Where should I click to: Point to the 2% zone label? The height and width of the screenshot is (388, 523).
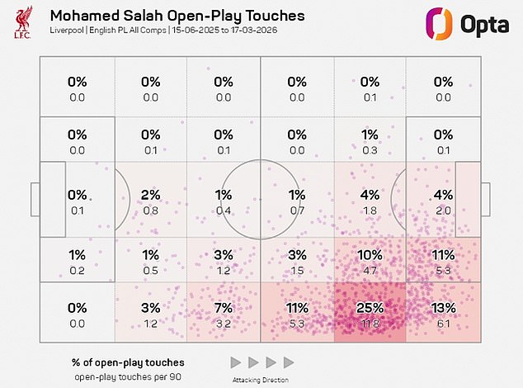[x=150, y=196]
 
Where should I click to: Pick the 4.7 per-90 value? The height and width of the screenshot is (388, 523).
[x=370, y=270]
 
